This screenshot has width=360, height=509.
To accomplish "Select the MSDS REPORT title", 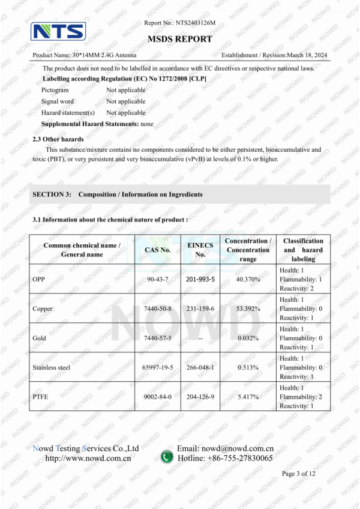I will click(179, 39).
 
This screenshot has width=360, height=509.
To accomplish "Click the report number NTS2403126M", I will click(195, 23).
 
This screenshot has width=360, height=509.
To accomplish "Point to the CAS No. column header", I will click(158, 250).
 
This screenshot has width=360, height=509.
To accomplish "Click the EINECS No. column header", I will click(200, 250).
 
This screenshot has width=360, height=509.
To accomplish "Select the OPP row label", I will click(39, 280).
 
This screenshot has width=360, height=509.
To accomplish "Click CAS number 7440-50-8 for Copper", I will click(158, 309).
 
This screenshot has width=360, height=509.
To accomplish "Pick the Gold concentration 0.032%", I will click(248, 338).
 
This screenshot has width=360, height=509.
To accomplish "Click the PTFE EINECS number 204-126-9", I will click(200, 397).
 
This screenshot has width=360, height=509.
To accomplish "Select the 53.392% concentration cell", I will click(248, 309).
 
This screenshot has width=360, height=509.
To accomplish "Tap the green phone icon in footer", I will click(167, 457).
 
